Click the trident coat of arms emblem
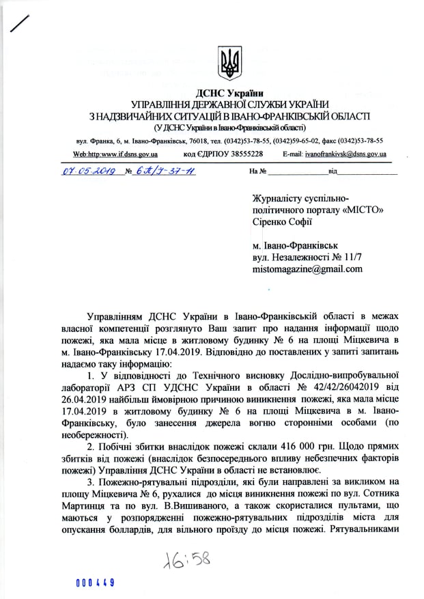[229, 64]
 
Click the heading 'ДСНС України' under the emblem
[229, 92]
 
